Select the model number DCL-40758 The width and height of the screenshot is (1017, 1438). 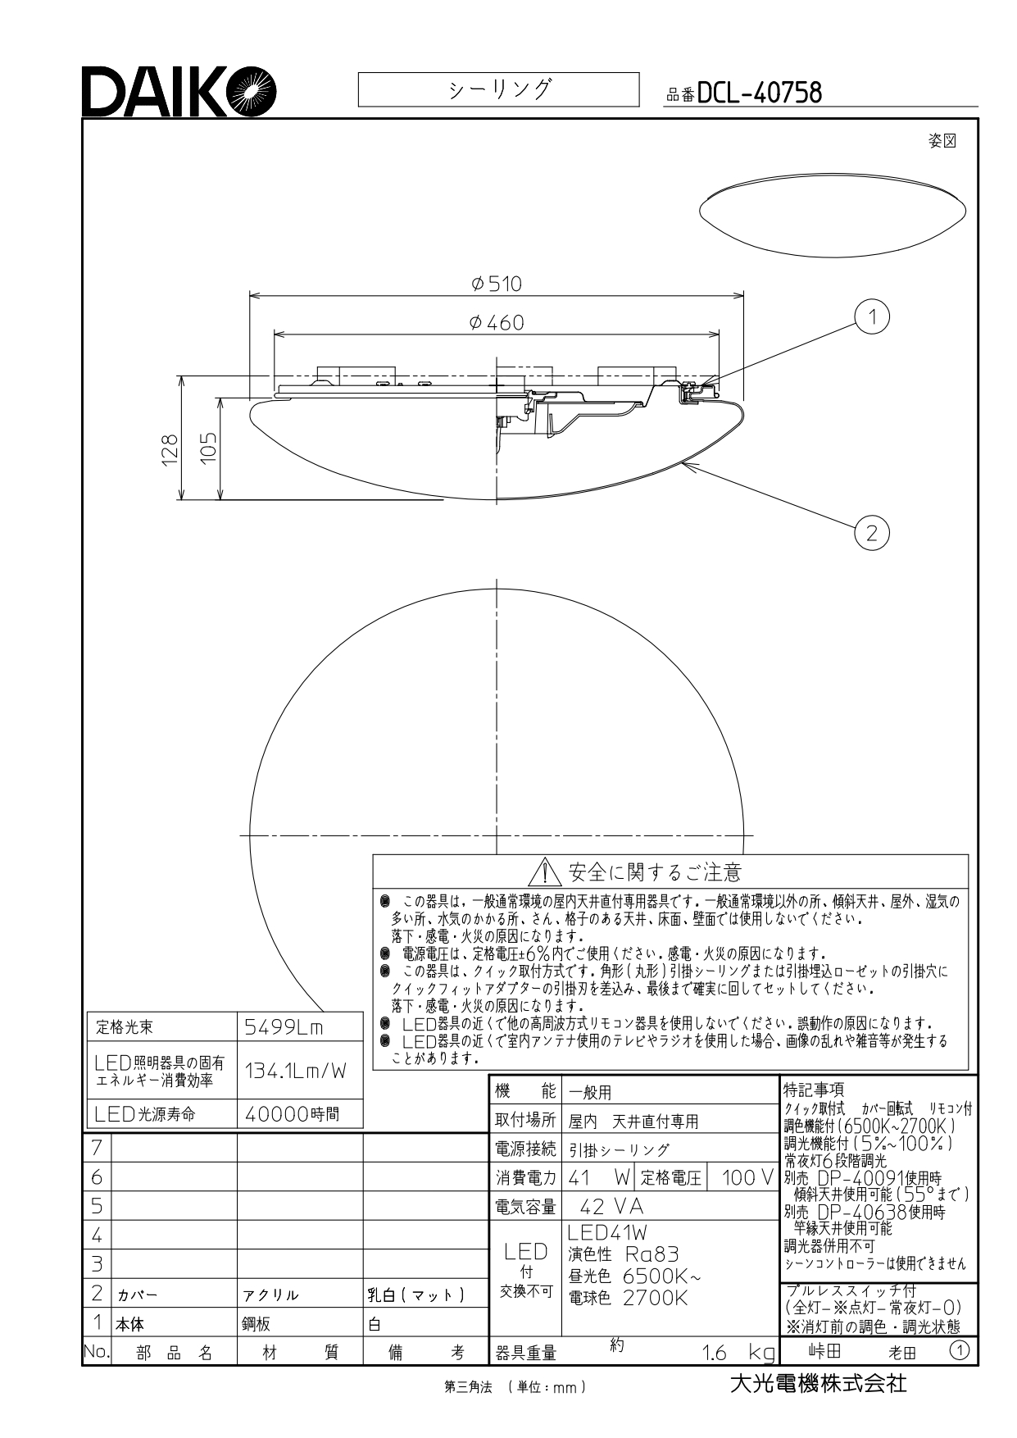tap(759, 93)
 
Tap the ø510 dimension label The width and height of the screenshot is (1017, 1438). tap(497, 284)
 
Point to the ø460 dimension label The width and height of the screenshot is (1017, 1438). tap(497, 323)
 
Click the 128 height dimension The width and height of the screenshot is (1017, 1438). tap(169, 449)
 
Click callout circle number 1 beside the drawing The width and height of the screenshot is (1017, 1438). tap(872, 316)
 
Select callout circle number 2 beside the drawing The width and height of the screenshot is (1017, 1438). tap(871, 533)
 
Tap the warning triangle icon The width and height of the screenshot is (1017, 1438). tap(545, 872)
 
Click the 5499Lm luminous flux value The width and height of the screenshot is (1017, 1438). tap(284, 1026)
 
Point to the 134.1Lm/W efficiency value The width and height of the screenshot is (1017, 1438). tap(296, 1070)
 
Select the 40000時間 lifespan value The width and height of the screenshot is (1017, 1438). tap(292, 1114)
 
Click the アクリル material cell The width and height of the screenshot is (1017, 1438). tap(270, 1295)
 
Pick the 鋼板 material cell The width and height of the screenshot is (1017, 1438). tap(257, 1324)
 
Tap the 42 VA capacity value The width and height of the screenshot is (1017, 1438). tap(611, 1207)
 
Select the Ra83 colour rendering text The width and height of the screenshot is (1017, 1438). tap(652, 1254)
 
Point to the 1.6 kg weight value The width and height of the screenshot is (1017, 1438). tap(738, 1352)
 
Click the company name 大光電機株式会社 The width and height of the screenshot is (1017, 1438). tap(818, 1384)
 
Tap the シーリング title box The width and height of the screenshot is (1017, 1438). tap(498, 89)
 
